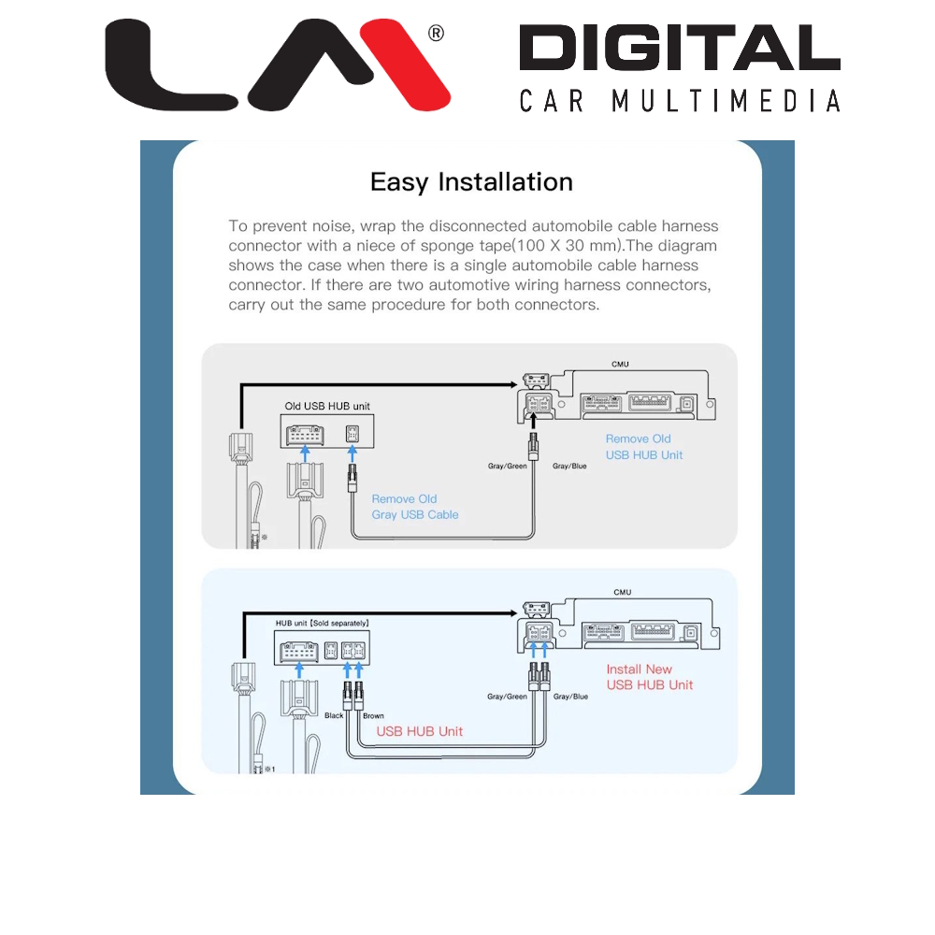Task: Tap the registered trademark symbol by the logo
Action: (x=436, y=34)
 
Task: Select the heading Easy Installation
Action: (x=471, y=181)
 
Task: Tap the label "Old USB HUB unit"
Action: (x=325, y=407)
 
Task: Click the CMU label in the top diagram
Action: (x=620, y=363)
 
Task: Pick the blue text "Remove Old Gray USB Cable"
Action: (x=415, y=507)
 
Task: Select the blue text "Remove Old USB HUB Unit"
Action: (x=644, y=447)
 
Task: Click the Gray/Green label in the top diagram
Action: (x=508, y=466)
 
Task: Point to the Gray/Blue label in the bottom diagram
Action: (x=570, y=697)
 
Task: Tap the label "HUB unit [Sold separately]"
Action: (x=322, y=623)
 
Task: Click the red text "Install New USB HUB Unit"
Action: (x=650, y=677)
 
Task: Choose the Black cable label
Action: (x=334, y=716)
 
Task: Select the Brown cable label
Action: (x=373, y=716)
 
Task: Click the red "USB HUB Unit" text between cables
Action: (x=419, y=731)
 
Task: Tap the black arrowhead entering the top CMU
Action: (x=513, y=384)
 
